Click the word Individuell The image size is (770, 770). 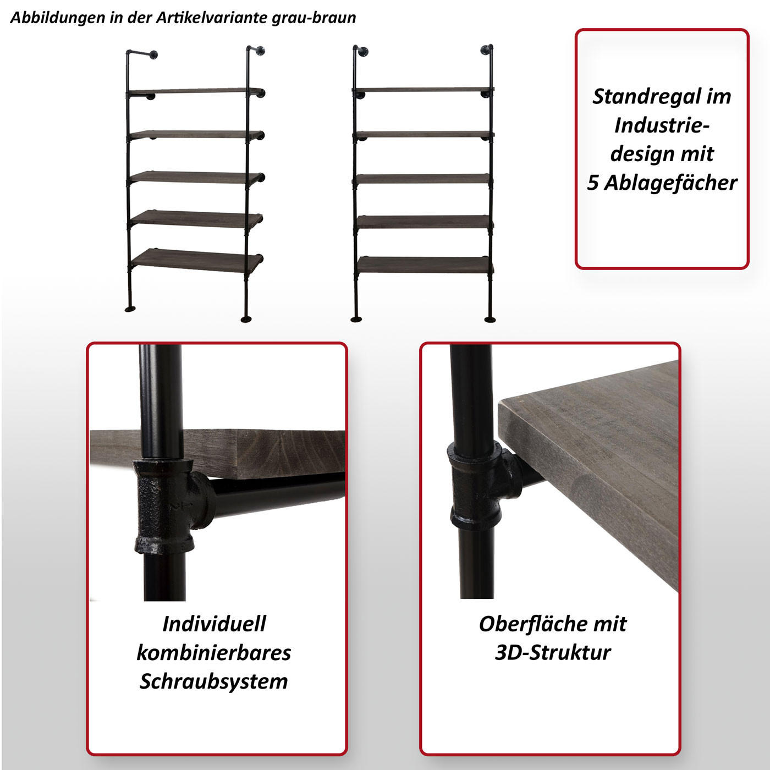point(214,624)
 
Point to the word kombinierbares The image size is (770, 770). point(214,653)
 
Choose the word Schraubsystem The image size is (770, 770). point(214,681)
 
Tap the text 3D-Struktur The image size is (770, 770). point(553,653)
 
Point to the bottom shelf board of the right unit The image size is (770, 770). point(424,265)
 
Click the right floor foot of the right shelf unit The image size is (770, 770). point(489,318)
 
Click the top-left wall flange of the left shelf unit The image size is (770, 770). point(152,54)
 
